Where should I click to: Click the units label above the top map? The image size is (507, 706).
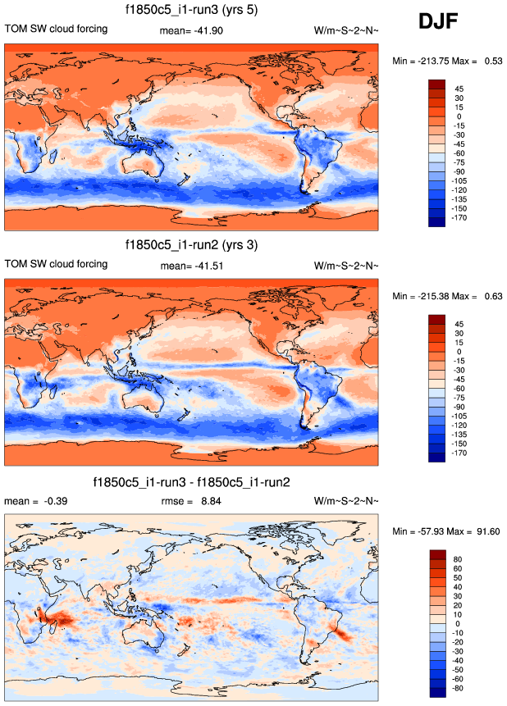[346, 31]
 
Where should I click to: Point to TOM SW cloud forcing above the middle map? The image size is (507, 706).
[56, 264]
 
